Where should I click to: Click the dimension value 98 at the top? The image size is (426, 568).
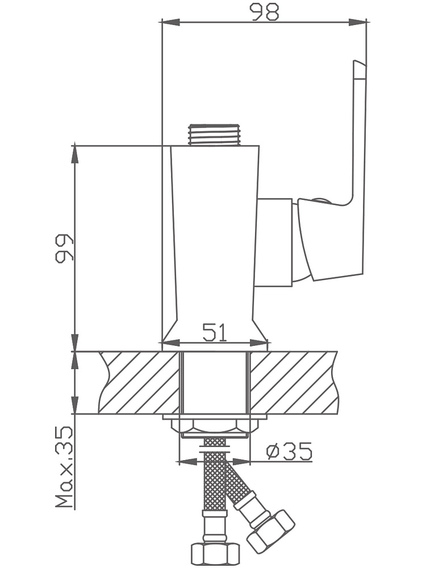pyautogui.click(x=266, y=11)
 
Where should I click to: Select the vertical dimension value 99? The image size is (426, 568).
pyautogui.click(x=65, y=248)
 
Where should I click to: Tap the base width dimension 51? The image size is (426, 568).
pyautogui.click(x=215, y=332)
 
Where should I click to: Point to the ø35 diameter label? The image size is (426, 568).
pyautogui.click(x=289, y=451)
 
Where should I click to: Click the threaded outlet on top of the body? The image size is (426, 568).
pyautogui.click(x=215, y=135)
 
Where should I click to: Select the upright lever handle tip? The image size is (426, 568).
pyautogui.click(x=360, y=69)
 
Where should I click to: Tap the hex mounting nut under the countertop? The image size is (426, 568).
pyautogui.click(x=215, y=428)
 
